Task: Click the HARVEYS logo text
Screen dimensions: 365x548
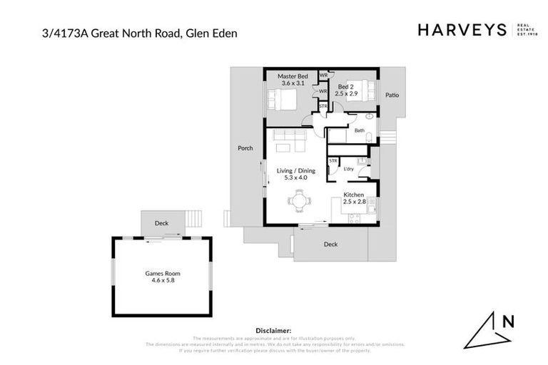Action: coord(462,30)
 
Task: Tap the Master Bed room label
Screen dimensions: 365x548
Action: coord(293,76)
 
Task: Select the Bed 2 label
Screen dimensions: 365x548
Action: coord(347,87)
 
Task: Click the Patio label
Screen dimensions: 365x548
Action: coord(392,94)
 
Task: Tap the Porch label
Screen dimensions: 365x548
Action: coord(245,148)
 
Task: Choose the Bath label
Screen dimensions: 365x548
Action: coord(359,130)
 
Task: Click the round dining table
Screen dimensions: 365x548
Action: coord(300,202)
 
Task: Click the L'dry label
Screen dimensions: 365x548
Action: coord(349,169)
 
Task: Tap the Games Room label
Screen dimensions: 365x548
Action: coord(163,273)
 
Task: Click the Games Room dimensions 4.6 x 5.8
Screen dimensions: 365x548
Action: coord(163,281)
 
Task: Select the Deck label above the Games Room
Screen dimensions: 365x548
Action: coord(162,224)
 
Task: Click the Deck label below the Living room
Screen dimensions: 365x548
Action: coord(330,245)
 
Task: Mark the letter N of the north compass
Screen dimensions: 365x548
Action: coord(508,321)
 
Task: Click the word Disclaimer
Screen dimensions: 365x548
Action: coord(273,331)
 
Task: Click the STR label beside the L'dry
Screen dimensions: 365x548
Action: coord(333,162)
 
